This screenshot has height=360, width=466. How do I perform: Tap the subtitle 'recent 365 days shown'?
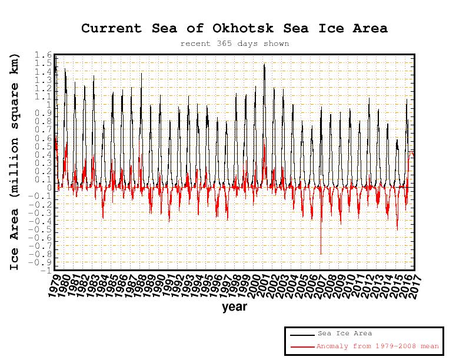(234, 44)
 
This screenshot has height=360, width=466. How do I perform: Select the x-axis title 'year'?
(234, 306)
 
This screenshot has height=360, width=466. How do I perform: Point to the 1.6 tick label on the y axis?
(43, 55)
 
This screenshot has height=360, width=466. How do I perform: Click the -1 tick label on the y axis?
(45, 271)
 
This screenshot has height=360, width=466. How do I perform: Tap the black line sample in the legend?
(301, 334)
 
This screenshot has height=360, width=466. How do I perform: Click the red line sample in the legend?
(301, 346)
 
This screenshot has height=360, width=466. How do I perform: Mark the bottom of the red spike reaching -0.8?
(321, 254)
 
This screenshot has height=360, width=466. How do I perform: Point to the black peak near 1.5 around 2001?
(264, 64)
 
